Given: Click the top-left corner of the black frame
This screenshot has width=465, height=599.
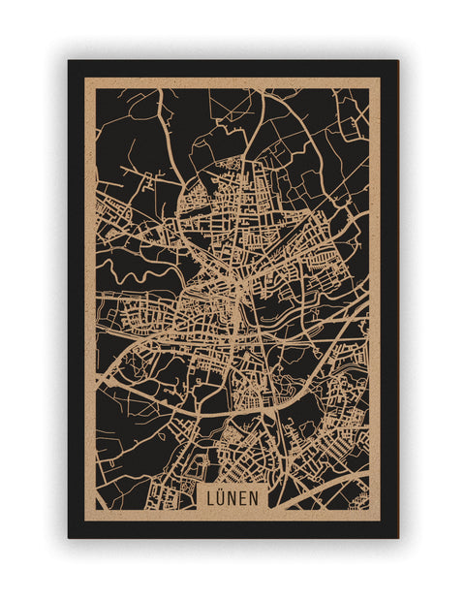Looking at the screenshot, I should tap(69, 61).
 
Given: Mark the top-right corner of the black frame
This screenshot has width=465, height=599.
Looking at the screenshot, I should tap(397, 61).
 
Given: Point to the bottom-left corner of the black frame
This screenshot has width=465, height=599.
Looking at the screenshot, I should tap(69, 537).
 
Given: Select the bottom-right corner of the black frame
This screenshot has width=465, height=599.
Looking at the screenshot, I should tap(397, 537).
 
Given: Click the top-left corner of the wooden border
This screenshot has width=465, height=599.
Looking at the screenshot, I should tap(85, 79).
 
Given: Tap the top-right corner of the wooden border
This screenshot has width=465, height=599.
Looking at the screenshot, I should tap(380, 79).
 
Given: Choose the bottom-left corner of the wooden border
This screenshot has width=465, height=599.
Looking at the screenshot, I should tap(85, 520).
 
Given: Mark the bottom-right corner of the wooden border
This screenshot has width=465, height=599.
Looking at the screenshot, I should tap(380, 520).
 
